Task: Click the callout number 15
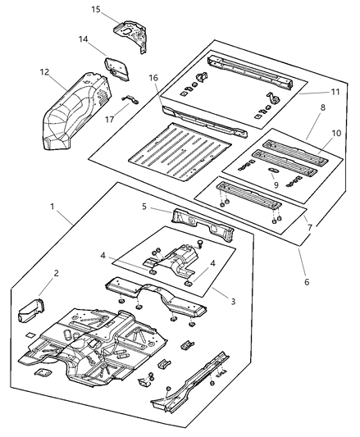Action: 96,10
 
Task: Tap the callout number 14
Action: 83,39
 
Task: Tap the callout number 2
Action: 57,273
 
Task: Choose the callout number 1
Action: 53,207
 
